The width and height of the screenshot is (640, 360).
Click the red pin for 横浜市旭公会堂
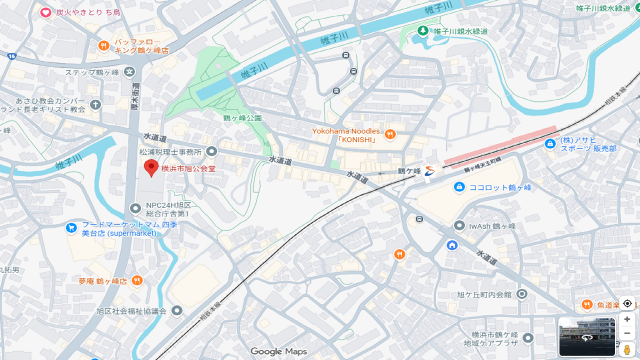pyautogui.click(x=151, y=168)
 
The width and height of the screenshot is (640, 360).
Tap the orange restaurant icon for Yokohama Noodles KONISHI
pyautogui.click(x=390, y=134)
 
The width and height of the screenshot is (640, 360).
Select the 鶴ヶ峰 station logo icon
pyautogui.click(x=429, y=171)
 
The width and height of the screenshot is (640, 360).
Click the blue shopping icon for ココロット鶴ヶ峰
pyautogui.click(x=459, y=187)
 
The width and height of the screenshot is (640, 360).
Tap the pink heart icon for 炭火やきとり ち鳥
pyautogui.click(x=45, y=12)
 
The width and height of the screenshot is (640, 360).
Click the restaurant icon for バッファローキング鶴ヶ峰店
pyautogui.click(x=103, y=46)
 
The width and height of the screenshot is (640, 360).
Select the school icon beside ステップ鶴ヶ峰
pyautogui.click(x=129, y=72)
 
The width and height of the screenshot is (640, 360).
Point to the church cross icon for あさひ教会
pyautogui.click(x=95, y=104)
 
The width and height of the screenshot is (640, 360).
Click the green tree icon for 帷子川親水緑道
pyautogui.click(x=423, y=31)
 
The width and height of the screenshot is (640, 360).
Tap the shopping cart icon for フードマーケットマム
pyautogui.click(x=71, y=228)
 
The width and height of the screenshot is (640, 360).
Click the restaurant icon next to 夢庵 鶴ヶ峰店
pyautogui.click(x=137, y=280)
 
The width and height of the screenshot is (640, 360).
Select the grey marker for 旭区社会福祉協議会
pyautogui.click(x=176, y=310)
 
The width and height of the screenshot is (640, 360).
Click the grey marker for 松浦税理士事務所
pyautogui.click(x=211, y=151)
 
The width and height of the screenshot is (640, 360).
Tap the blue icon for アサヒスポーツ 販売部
pyautogui.click(x=550, y=144)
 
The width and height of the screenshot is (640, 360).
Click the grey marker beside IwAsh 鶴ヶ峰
pyautogui.click(x=459, y=226)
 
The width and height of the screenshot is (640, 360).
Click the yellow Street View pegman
pyautogui.click(x=627, y=349)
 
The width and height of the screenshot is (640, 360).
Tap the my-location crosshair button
pyautogui.click(x=627, y=303)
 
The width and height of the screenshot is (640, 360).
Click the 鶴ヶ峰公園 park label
pyautogui.click(x=242, y=118)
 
